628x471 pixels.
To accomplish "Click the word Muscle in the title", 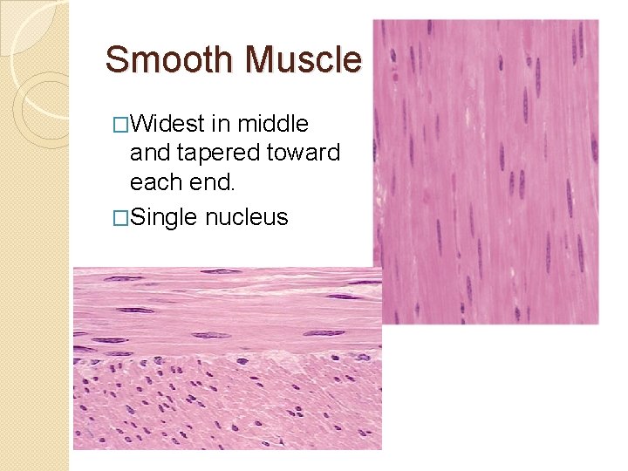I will [303, 59].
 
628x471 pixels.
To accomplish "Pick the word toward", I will [305, 154].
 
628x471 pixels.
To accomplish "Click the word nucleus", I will [247, 216].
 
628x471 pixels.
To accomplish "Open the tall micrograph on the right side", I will [486, 171].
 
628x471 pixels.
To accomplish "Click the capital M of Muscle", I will [260, 59].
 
